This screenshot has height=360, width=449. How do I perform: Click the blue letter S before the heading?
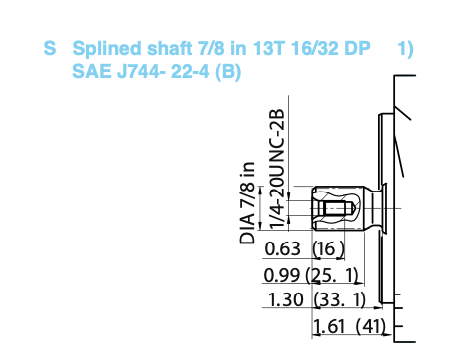(x=50, y=48)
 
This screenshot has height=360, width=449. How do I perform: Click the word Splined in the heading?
(x=107, y=49)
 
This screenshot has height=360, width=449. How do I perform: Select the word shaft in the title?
(x=170, y=48)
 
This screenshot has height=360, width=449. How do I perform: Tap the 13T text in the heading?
(x=268, y=48)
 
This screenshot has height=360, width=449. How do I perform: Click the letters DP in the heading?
(x=357, y=48)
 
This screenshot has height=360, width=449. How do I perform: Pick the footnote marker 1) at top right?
(x=405, y=49)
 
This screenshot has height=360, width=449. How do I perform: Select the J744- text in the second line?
(x=141, y=71)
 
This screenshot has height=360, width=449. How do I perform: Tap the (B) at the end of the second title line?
(x=228, y=72)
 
